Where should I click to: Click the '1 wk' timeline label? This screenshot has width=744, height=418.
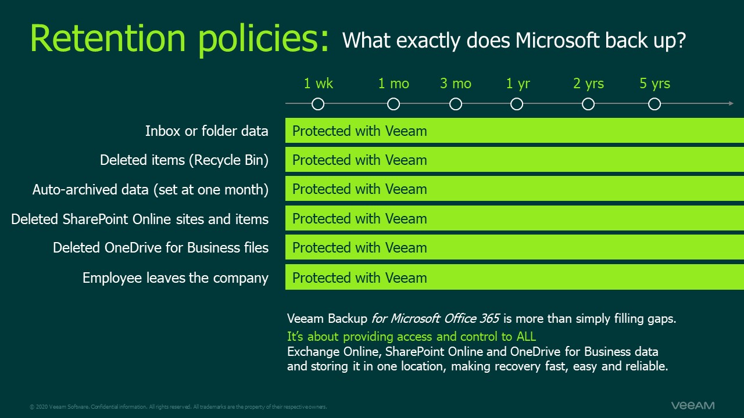click(x=318, y=84)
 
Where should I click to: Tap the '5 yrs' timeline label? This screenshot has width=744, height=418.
click(x=654, y=84)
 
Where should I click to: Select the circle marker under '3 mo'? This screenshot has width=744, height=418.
click(x=456, y=104)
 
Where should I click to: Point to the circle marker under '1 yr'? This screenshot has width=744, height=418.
click(x=517, y=104)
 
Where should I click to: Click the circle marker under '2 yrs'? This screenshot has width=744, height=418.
click(x=588, y=104)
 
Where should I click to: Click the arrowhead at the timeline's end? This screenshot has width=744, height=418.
click(x=731, y=104)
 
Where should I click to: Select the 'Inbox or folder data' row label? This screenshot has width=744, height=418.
click(x=206, y=131)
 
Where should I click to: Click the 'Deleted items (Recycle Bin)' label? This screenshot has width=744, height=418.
click(x=184, y=160)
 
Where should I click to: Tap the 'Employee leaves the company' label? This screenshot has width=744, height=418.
click(x=175, y=278)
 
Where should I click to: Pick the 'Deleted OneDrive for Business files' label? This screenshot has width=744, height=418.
click(x=160, y=248)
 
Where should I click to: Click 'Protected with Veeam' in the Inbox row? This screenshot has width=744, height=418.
click(x=359, y=131)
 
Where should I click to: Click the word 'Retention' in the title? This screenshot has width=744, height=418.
click(x=109, y=38)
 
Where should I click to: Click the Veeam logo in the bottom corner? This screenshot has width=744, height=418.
click(x=692, y=405)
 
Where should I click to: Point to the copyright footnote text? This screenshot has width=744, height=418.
click(x=178, y=407)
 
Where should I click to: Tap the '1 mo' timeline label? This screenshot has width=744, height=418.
click(x=394, y=84)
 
